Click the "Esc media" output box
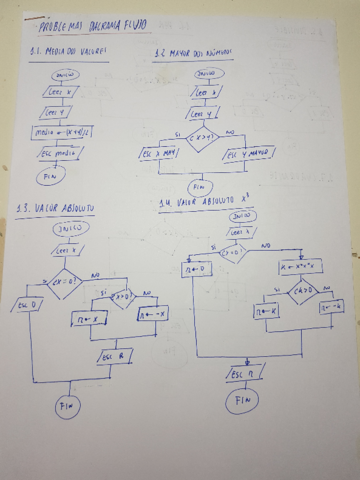pyautogui.click(x=61, y=154)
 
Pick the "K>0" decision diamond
pyautogui.click(x=299, y=291)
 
